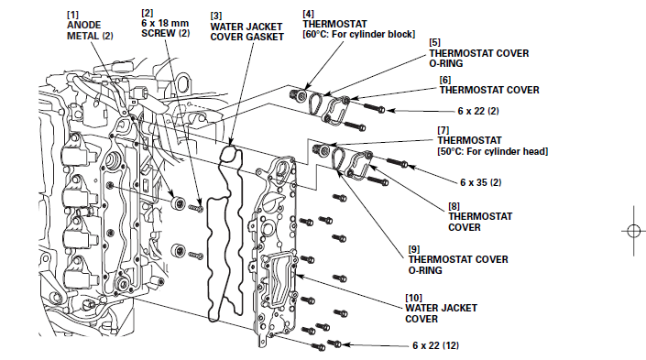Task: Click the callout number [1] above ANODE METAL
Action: point(73,15)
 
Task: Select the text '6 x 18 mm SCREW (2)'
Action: point(165,28)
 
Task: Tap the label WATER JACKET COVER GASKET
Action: point(246,32)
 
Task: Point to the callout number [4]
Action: point(308,14)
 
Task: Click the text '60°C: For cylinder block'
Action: point(359,34)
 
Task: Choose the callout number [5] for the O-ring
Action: point(434,42)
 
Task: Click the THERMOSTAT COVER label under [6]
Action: point(489,90)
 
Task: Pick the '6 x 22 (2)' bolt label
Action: point(478,111)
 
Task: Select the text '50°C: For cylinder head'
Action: point(493,151)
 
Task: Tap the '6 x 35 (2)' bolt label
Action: point(480,182)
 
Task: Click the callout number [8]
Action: point(454,206)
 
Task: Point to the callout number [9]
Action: point(414,249)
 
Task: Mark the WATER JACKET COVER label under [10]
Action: point(441,313)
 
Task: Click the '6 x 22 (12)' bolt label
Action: point(435,345)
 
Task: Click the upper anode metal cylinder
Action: point(179,203)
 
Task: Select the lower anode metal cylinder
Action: point(179,251)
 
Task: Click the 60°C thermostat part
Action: point(299,95)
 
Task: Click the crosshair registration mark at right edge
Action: point(634,231)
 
